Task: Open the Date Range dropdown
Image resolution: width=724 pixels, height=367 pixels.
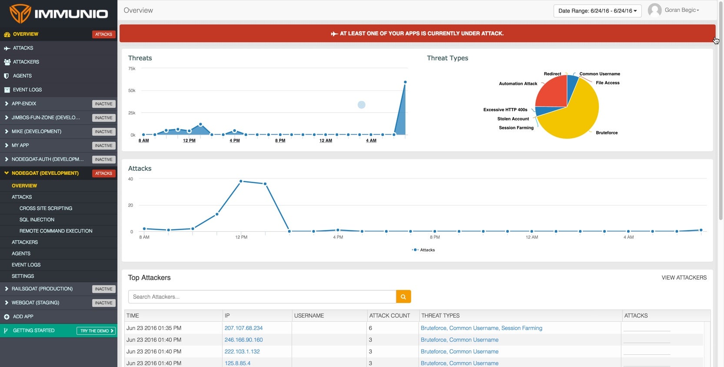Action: [x=597, y=11]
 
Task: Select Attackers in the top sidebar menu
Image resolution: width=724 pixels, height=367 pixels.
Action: [x=26, y=62]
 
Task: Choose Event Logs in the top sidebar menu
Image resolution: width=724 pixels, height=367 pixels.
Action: [x=27, y=90]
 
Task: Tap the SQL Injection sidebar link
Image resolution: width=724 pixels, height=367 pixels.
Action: [x=37, y=220]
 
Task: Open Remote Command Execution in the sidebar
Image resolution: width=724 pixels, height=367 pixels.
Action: [x=56, y=231]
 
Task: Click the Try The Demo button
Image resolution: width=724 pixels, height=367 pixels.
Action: [x=96, y=331]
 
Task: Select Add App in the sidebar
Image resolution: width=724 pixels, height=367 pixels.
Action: [x=23, y=317]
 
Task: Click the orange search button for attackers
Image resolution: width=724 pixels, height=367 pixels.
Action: [x=403, y=297]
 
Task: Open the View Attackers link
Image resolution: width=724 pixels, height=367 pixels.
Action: [x=684, y=277]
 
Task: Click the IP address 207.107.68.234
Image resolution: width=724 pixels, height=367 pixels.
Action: [x=243, y=328]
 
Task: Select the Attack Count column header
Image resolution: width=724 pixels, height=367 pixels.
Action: [x=389, y=316]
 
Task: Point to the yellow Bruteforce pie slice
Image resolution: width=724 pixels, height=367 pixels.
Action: [x=574, y=120]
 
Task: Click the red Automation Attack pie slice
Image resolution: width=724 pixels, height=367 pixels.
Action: [x=551, y=91]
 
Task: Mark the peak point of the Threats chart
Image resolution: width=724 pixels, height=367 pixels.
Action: [x=405, y=82]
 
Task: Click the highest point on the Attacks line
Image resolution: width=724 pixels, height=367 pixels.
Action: [x=241, y=181]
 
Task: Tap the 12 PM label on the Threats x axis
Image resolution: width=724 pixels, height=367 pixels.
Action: [x=189, y=140]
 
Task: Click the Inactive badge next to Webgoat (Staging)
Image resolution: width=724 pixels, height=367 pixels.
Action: [x=103, y=303]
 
